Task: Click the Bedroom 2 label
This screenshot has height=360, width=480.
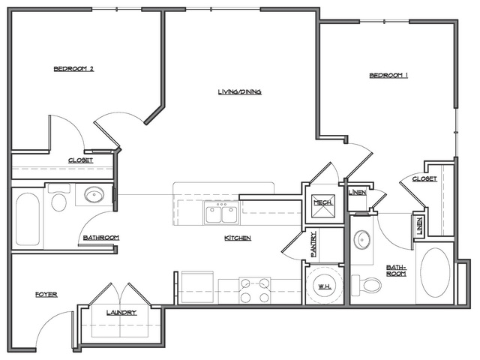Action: coord(73,69)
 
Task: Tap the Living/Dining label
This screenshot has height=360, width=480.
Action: coord(239,92)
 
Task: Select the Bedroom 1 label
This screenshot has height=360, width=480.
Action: coord(388,75)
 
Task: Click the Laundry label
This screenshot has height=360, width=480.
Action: coord(121,312)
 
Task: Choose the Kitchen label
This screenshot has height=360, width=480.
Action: coord(237,238)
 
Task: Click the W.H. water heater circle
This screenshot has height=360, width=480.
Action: coord(325,284)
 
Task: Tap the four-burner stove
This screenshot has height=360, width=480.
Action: coord(255,289)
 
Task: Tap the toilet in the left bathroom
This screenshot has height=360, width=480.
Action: coord(58,201)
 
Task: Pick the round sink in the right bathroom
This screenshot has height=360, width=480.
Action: coord(363,241)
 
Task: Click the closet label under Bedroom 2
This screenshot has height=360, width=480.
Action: coord(80,160)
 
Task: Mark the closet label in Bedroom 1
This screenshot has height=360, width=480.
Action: coord(424,178)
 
